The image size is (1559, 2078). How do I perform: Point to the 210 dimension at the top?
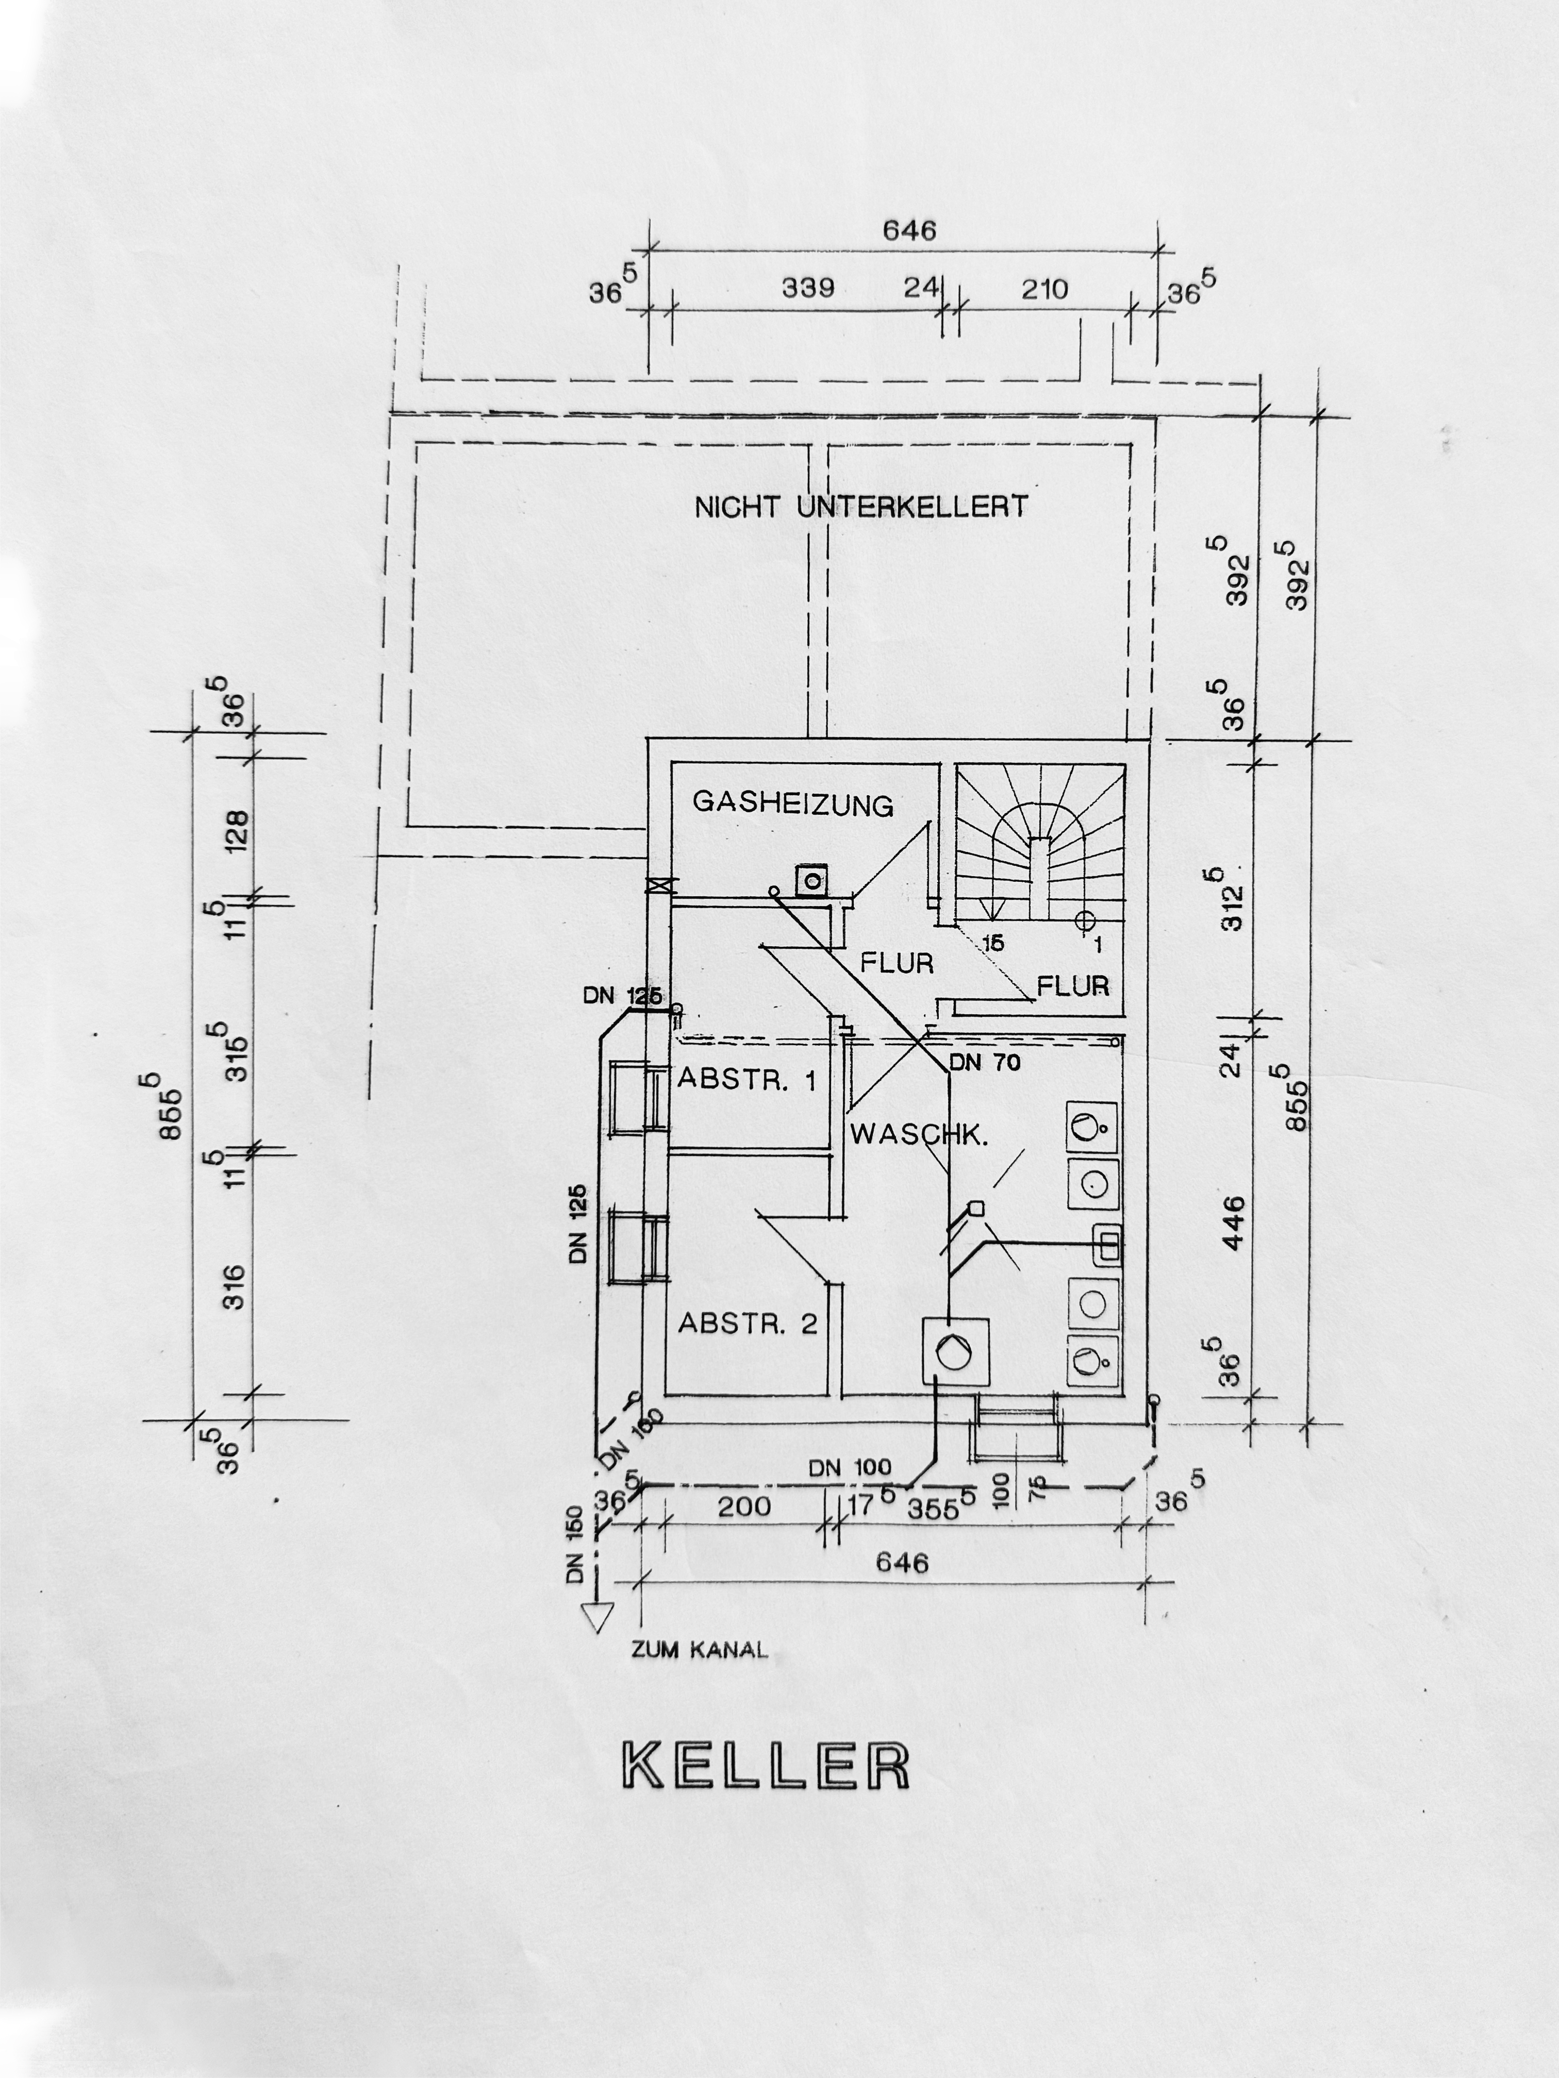click(1045, 289)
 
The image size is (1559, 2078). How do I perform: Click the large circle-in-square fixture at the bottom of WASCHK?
click(956, 1350)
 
